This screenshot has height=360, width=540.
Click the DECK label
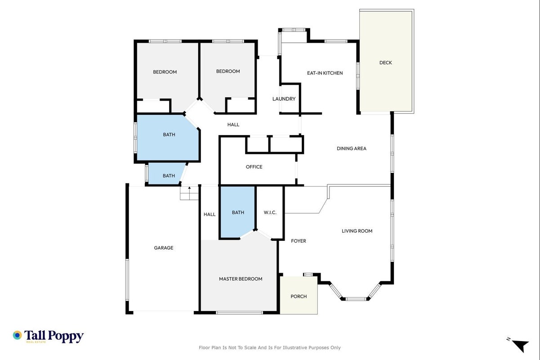coord(385,63)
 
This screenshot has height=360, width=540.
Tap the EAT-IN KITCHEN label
coord(325,73)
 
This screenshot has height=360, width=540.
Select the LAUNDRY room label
coord(284,99)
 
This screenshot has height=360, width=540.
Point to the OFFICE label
coord(254,167)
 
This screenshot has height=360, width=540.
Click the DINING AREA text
coord(352,148)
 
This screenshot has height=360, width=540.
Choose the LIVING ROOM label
coord(357,231)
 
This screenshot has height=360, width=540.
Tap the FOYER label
coord(299,241)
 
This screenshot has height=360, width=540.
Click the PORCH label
coord(299,297)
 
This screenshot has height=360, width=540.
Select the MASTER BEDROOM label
coord(241,279)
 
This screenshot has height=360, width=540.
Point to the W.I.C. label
coord(270,212)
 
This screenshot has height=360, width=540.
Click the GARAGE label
coord(164,248)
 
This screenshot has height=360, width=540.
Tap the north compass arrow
coord(521,346)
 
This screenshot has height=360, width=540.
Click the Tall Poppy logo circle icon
coord(18,335)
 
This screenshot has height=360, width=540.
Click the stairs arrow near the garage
coord(189,190)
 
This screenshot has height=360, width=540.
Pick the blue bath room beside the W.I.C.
coord(237,212)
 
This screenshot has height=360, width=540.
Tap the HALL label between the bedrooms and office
coord(233,125)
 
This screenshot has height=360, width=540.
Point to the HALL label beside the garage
coord(210,215)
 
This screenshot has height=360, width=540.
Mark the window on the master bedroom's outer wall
coord(239,313)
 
